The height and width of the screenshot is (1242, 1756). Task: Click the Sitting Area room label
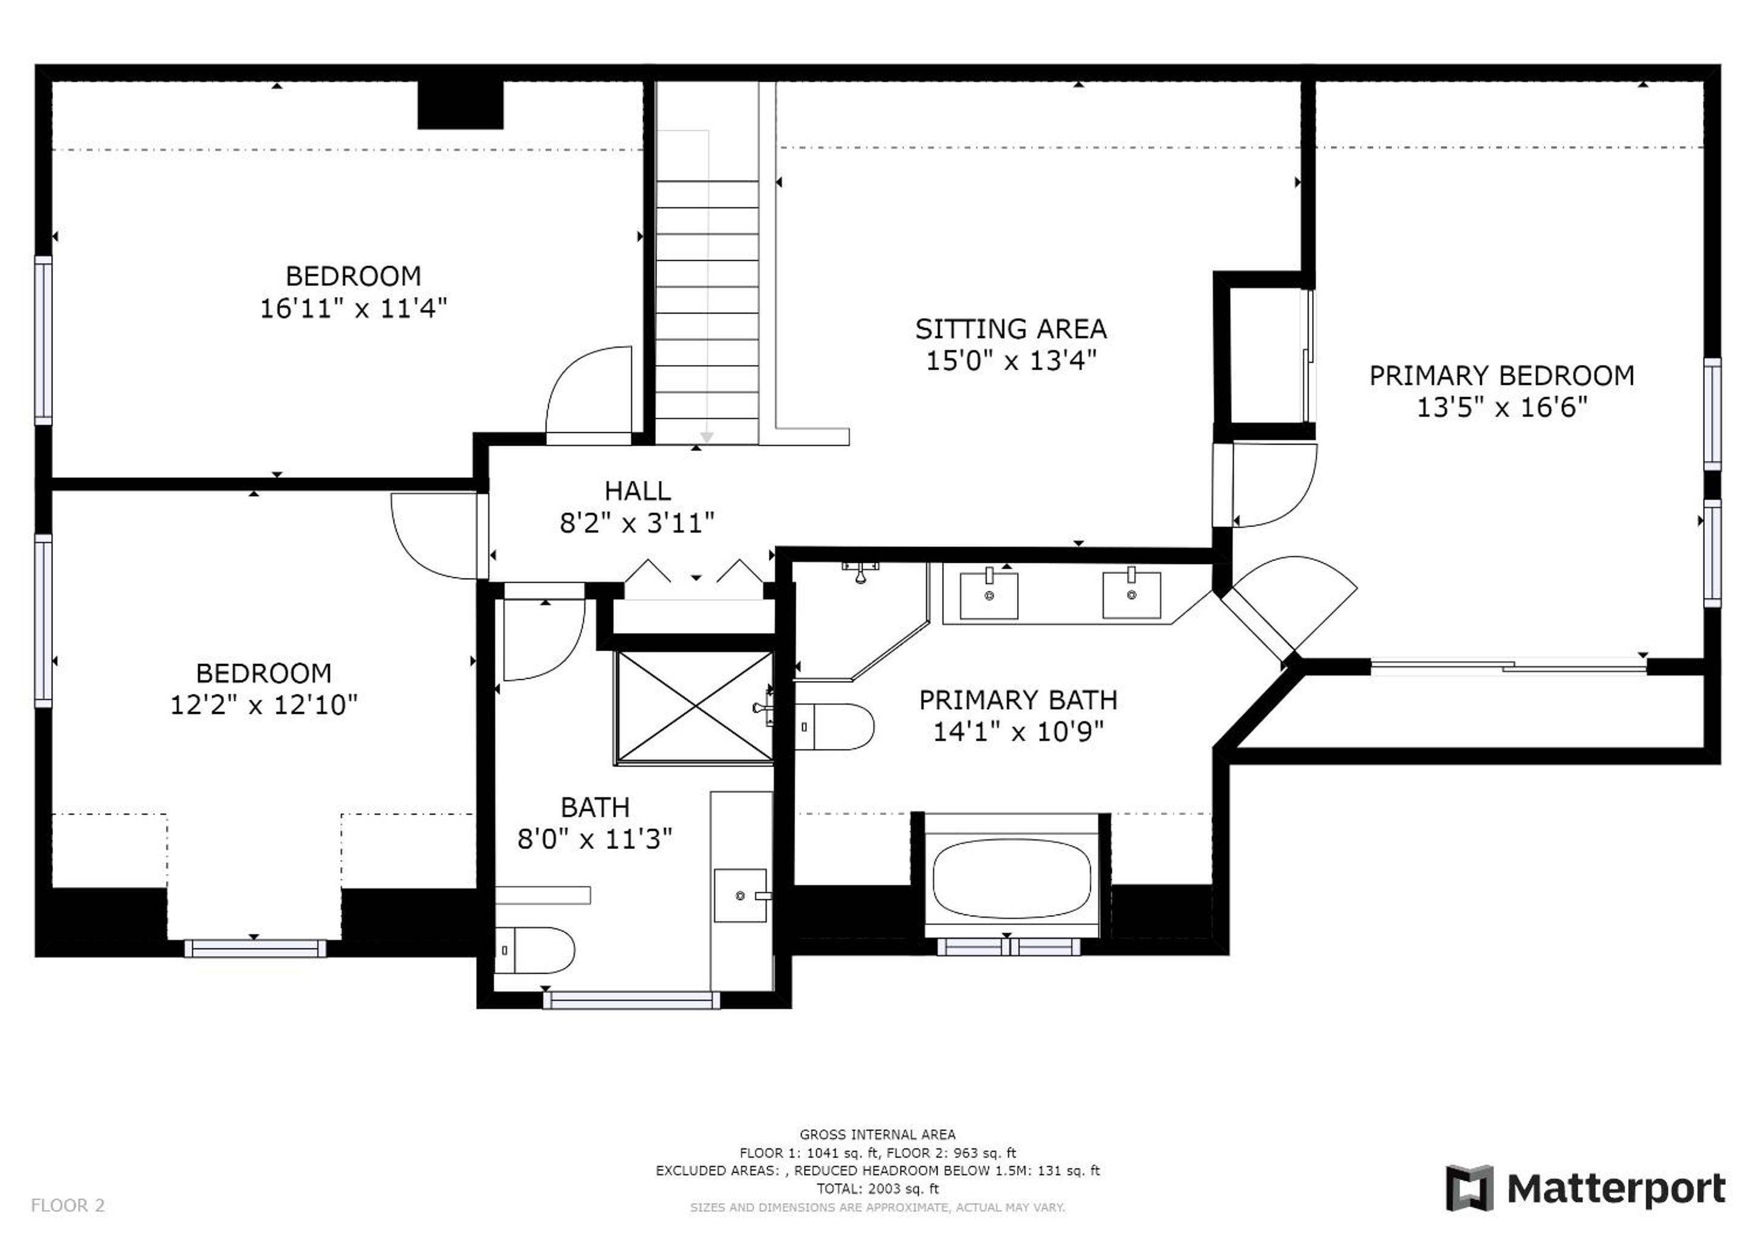1011,329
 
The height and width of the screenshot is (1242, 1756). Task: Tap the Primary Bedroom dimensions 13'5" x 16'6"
1502,407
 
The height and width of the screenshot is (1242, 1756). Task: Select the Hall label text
638,490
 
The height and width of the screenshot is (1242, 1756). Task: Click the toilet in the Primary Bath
835,727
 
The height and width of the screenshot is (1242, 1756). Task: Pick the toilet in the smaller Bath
534,950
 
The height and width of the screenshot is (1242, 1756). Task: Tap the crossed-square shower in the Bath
695,708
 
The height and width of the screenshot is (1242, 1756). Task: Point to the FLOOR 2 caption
67,1206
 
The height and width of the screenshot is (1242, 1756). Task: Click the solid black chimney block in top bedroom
460,105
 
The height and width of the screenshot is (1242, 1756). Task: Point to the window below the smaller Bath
631,999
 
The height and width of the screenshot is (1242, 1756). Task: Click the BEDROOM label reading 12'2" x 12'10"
264,688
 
